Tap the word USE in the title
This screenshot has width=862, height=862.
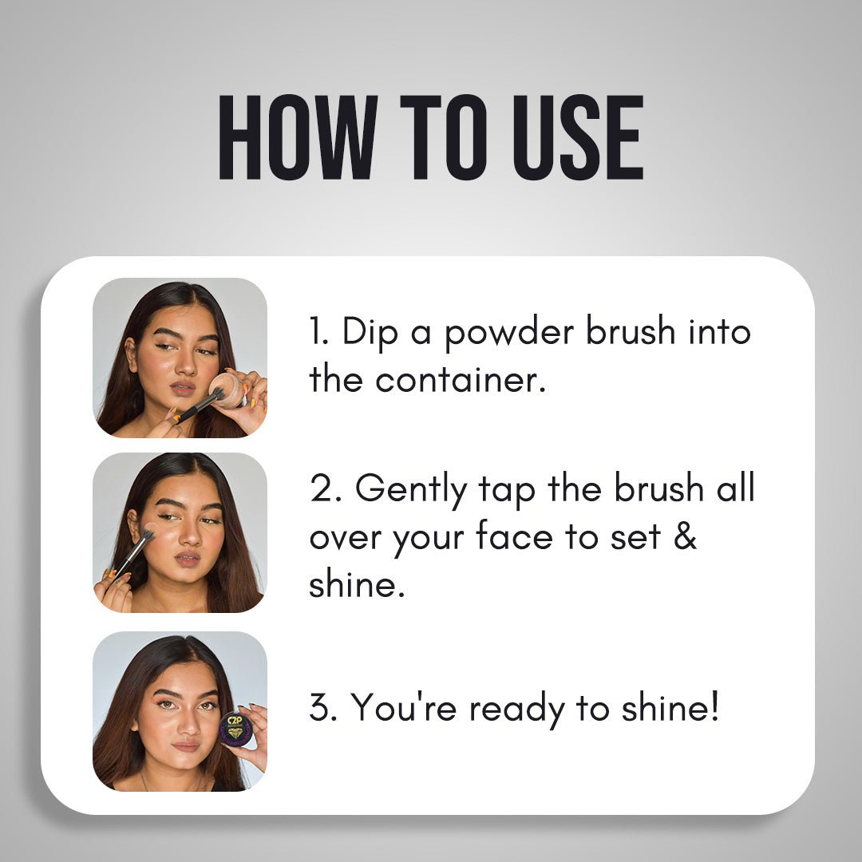click(x=578, y=137)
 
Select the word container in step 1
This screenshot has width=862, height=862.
click(x=461, y=380)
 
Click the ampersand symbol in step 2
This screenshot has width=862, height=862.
click(x=685, y=536)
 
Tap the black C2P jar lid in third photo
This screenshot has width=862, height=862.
click(x=235, y=729)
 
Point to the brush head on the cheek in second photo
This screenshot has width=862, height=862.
click(x=147, y=534)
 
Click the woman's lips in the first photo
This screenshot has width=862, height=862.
click(x=183, y=388)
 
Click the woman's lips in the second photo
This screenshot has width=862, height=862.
click(x=188, y=559)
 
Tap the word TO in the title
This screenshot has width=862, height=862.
click(x=444, y=137)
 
